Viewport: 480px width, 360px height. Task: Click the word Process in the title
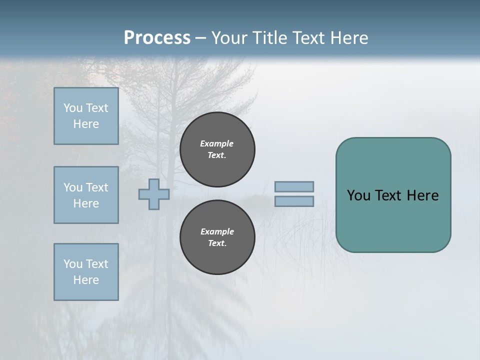coord(157,38)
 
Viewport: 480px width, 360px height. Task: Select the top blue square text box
coord(86,116)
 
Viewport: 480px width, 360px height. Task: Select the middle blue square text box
coord(86,195)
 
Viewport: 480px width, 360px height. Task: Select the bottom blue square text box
coord(86,272)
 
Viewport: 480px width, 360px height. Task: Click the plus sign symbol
coord(154,194)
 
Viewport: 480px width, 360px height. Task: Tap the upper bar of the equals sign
coord(294,186)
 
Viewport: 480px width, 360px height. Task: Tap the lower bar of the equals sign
coord(294,201)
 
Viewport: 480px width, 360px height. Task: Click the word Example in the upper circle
coord(217,143)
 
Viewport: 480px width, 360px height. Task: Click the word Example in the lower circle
coord(217,231)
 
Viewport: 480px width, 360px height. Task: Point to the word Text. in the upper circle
coord(217,155)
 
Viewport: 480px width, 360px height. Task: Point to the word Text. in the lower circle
coord(217,243)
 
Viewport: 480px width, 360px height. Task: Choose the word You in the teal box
coord(358,195)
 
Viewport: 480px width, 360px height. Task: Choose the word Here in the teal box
coord(423,195)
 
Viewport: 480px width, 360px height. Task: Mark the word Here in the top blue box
coord(86,124)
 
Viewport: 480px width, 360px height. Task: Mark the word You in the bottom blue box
coord(73,264)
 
